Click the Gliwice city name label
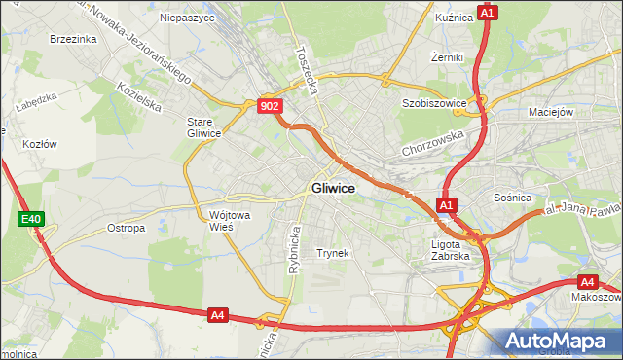pyautogui.click(x=333, y=188)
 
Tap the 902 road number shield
pyautogui.click(x=272, y=106)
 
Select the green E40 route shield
pyautogui.click(x=30, y=220)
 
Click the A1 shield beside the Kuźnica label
pyautogui.click(x=489, y=13)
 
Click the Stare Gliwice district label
pyautogui.click(x=204, y=127)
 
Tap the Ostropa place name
pyautogui.click(x=126, y=229)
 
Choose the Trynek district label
pyautogui.click(x=333, y=253)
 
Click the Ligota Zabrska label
pyautogui.click(x=450, y=250)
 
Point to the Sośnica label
pyautogui.click(x=513, y=198)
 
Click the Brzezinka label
pyautogui.click(x=73, y=39)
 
